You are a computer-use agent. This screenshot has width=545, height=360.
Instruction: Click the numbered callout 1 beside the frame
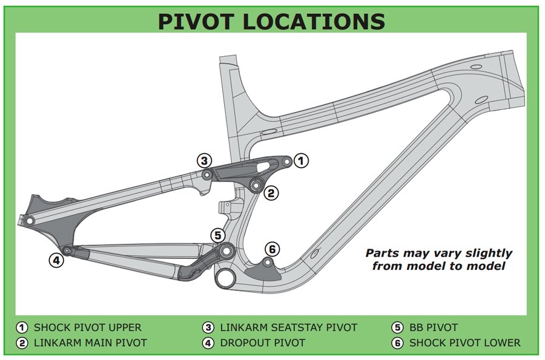click(301, 161)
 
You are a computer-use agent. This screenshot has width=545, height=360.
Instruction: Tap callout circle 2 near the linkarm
click(271, 192)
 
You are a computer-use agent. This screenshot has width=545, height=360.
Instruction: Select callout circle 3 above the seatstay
click(205, 161)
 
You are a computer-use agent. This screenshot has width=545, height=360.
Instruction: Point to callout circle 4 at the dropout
click(56, 260)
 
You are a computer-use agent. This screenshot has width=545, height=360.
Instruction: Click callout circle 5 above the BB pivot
click(218, 235)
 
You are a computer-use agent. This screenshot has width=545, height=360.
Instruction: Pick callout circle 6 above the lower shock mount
click(272, 249)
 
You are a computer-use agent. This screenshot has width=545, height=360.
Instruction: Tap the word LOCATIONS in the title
click(314, 21)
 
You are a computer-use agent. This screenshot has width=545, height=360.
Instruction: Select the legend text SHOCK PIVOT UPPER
click(88, 327)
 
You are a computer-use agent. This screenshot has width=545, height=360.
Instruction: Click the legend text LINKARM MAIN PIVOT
click(90, 343)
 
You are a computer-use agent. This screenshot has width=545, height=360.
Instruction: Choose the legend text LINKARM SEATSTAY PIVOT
click(289, 327)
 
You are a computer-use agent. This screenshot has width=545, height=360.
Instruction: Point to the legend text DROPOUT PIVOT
click(263, 343)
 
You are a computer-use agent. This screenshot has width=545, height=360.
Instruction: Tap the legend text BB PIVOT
click(434, 327)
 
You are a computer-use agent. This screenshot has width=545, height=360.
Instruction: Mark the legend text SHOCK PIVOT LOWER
click(465, 343)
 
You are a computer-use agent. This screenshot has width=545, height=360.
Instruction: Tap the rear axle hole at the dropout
click(30, 220)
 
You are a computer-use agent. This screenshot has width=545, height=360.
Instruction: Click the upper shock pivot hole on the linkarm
click(287, 162)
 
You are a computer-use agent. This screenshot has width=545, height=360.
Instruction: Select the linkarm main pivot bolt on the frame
click(256, 185)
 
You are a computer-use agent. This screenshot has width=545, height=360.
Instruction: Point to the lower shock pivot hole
click(267, 263)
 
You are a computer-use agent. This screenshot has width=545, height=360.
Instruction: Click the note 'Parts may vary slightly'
click(438, 253)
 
